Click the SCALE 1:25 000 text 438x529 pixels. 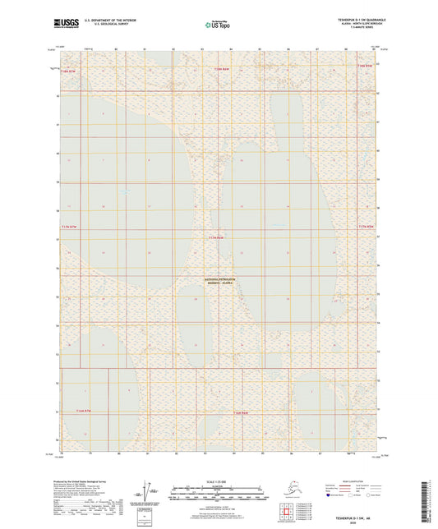pos(218,481)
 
